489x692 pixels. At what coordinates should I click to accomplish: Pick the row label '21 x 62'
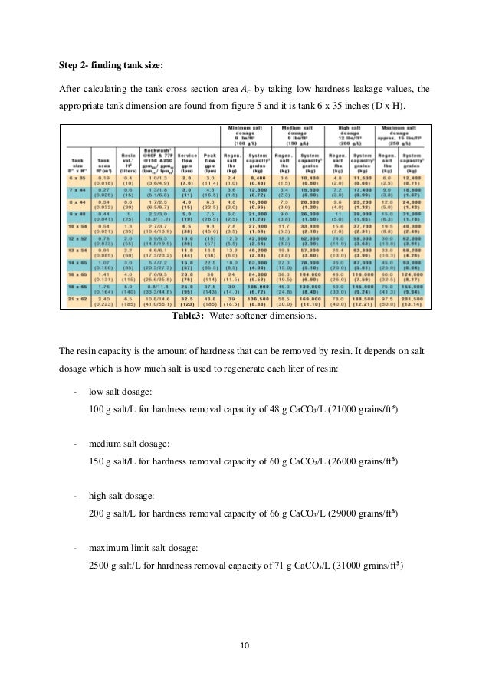pyautogui.click(x=74, y=320)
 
